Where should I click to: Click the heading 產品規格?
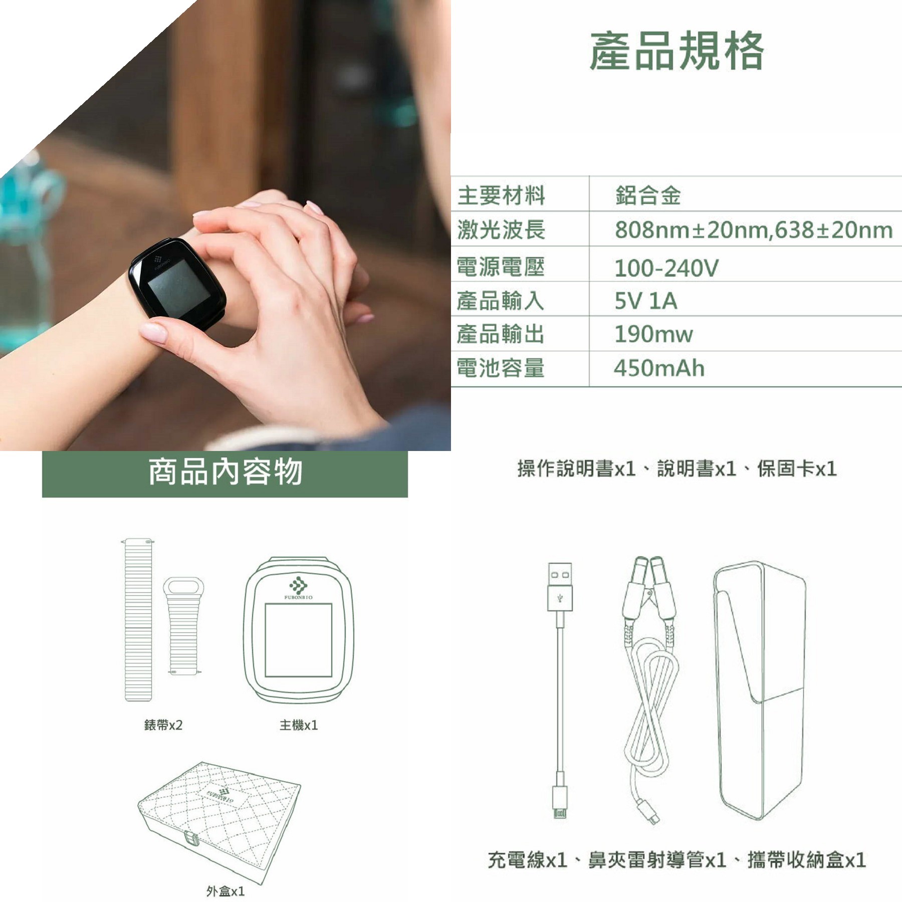pyautogui.click(x=676, y=51)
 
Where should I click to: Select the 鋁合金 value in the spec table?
pyautogui.click(x=648, y=195)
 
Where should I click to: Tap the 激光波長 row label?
pyautogui.click(x=501, y=230)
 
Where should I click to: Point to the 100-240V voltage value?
pyautogui.click(x=666, y=268)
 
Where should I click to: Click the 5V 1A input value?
pyautogui.click(x=646, y=301)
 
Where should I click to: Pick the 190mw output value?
pyautogui.click(x=653, y=334)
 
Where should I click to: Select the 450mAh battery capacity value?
pyautogui.click(x=659, y=368)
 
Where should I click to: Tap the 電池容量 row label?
pyautogui.click(x=501, y=368)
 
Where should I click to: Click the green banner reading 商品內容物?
pyautogui.click(x=225, y=474)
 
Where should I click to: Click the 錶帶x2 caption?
pyautogui.click(x=163, y=725)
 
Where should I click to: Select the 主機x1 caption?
pyautogui.click(x=299, y=725)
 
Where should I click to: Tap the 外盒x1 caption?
pyautogui.click(x=225, y=891)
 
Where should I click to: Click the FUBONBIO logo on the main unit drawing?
pyautogui.click(x=299, y=588)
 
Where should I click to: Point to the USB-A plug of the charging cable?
pyautogui.click(x=560, y=587)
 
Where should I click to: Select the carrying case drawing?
pyautogui.click(x=760, y=692)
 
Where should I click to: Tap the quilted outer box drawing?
pyautogui.click(x=219, y=822)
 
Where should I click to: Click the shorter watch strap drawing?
pyautogui.click(x=183, y=626)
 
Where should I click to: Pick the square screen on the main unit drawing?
pyautogui.click(x=299, y=640)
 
